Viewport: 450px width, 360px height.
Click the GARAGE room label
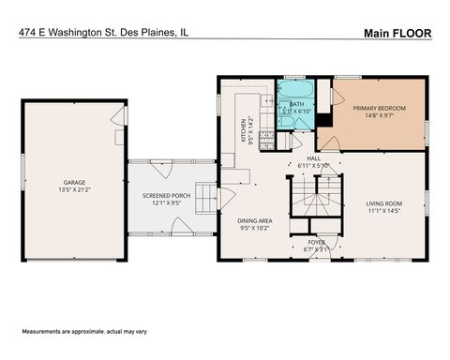pos(74,181)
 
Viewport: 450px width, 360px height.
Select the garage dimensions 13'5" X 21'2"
pos(74,188)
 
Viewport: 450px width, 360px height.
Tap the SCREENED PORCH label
pos(161,195)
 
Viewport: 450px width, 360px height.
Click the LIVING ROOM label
pos(384,203)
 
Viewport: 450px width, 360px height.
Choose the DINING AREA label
pos(254,219)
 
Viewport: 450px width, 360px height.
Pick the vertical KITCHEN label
pos(243,128)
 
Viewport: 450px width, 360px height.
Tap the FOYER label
pos(317,242)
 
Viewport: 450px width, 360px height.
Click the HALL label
pos(314,158)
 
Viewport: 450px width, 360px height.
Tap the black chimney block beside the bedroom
pos(324,119)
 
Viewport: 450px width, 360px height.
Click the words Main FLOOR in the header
pos(397,33)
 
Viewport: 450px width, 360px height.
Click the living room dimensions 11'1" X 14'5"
pos(384,211)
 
